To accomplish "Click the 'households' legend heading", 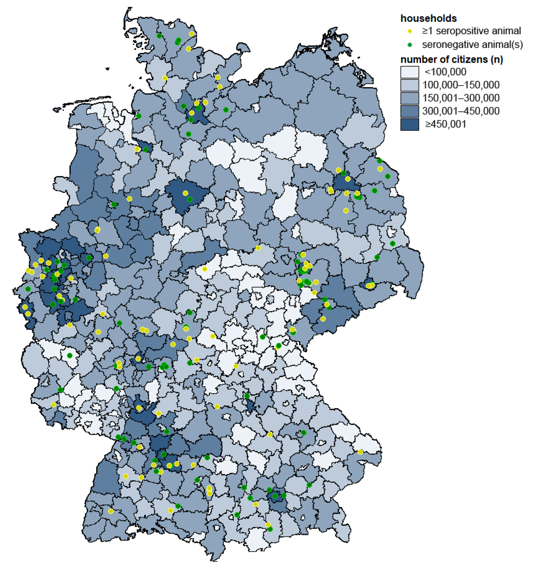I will (x=428, y=18).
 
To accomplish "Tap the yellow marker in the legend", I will (x=410, y=31).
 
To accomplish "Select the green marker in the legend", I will (x=410, y=45).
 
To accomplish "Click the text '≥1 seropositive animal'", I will (x=471, y=31).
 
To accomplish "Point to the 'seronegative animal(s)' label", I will (x=472, y=45).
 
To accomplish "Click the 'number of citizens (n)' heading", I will (x=451, y=59).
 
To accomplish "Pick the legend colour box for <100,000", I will (x=409, y=72).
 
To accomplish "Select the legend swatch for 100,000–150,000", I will (x=409, y=85).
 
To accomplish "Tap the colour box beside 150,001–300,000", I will (x=409, y=98).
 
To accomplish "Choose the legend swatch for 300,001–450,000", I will (x=409, y=111).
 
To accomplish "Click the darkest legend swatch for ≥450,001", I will (x=409, y=124).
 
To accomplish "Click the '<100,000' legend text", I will (x=445, y=72).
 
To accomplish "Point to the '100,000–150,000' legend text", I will (x=461, y=85).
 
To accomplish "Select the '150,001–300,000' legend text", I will (x=461, y=98).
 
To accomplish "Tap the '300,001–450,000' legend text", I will (x=461, y=111).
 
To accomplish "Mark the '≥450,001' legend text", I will (x=446, y=124).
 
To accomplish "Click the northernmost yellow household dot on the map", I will (x=192, y=34).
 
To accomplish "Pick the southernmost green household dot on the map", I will (x=270, y=529).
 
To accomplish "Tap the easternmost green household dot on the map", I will (x=392, y=244).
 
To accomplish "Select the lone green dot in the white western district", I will (x=70, y=355).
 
